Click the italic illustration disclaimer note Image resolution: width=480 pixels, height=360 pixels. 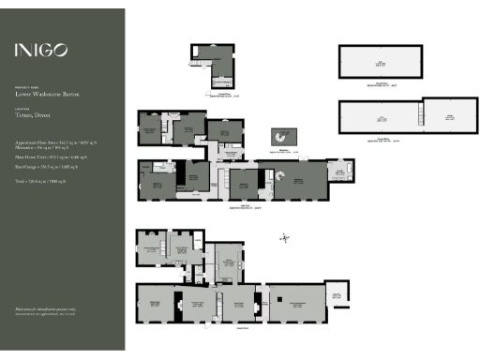coord(43,310)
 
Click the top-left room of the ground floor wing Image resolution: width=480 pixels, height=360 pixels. coord(150,249)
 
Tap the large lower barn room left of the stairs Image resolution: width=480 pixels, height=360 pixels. coord(379,120)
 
